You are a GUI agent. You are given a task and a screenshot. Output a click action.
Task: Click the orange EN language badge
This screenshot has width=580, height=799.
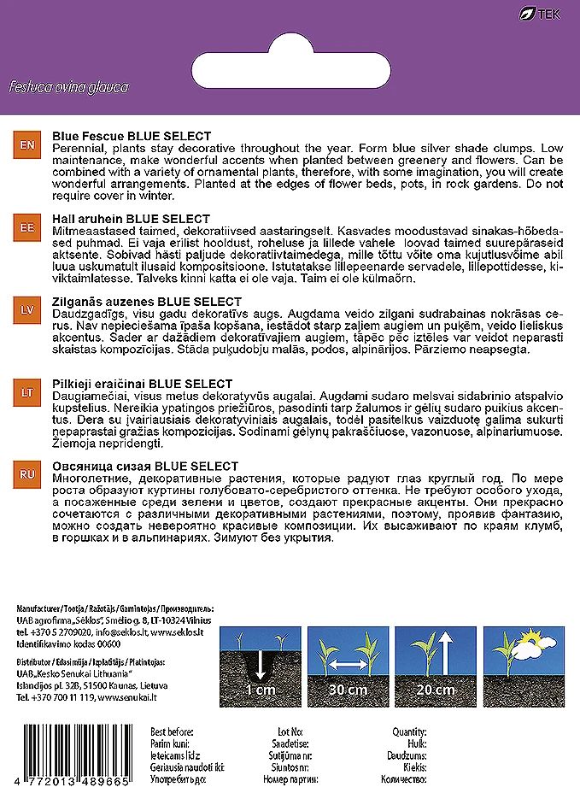26,146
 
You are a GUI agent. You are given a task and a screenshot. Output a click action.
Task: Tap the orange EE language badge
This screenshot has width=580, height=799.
26,228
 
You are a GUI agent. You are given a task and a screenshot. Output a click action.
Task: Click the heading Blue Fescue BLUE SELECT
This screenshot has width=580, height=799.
132,136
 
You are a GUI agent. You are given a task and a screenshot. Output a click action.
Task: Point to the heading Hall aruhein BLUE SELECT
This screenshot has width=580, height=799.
131,219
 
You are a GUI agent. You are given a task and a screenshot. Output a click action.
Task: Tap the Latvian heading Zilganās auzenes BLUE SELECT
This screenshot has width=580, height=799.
147,302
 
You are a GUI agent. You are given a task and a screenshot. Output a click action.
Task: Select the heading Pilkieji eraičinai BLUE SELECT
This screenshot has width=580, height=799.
143,384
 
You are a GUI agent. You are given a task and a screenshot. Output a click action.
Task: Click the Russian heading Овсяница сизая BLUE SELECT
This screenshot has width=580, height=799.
145,466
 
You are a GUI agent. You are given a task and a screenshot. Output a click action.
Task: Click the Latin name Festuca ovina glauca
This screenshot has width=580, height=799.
68,87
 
